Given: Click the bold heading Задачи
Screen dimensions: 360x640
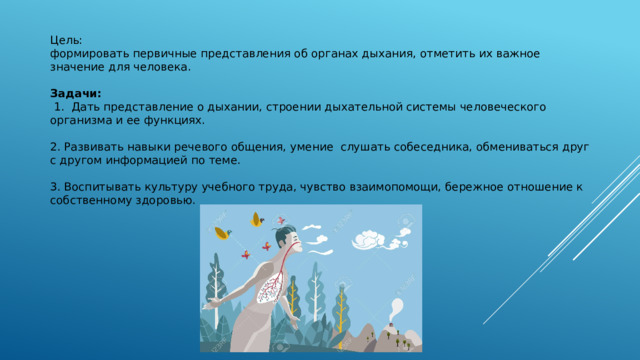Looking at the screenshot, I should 74,93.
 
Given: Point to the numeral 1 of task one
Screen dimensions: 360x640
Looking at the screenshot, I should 60,106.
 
